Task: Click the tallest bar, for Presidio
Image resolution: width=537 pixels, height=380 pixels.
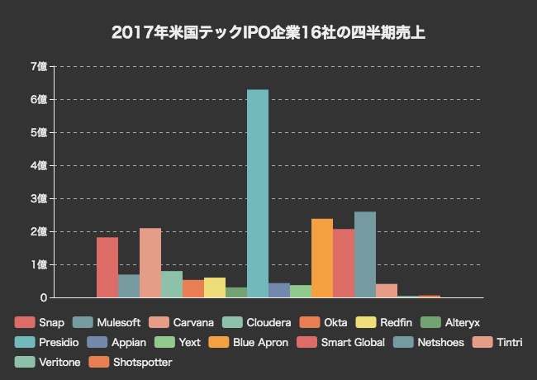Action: pos(258,193)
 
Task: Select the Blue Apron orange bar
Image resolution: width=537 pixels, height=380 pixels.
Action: pos(322,258)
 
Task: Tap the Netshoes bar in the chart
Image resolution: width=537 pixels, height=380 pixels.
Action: pos(365,254)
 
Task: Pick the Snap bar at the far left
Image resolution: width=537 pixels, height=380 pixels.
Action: pos(107,267)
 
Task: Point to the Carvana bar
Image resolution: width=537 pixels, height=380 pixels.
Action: pos(150,263)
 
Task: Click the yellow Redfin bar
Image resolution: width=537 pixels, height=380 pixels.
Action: pos(215,287)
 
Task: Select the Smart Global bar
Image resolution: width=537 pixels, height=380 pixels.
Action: pos(344,263)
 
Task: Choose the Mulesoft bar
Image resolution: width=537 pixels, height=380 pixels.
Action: pos(129,286)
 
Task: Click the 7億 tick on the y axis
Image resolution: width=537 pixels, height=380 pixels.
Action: pos(38,66)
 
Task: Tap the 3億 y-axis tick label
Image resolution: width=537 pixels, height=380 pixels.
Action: pos(38,198)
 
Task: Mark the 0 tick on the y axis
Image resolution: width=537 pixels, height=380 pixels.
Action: pos(43,297)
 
